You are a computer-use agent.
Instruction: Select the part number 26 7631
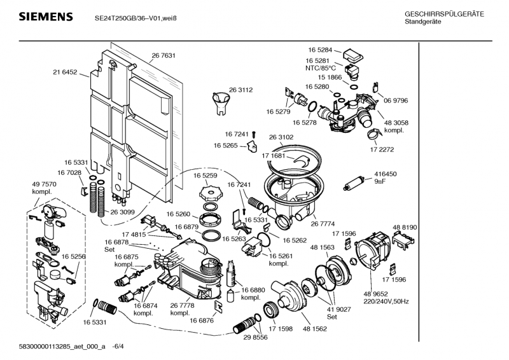pos(164,56)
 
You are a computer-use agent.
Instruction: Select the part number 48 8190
pos(405,227)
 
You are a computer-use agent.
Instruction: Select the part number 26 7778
pos(183,306)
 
